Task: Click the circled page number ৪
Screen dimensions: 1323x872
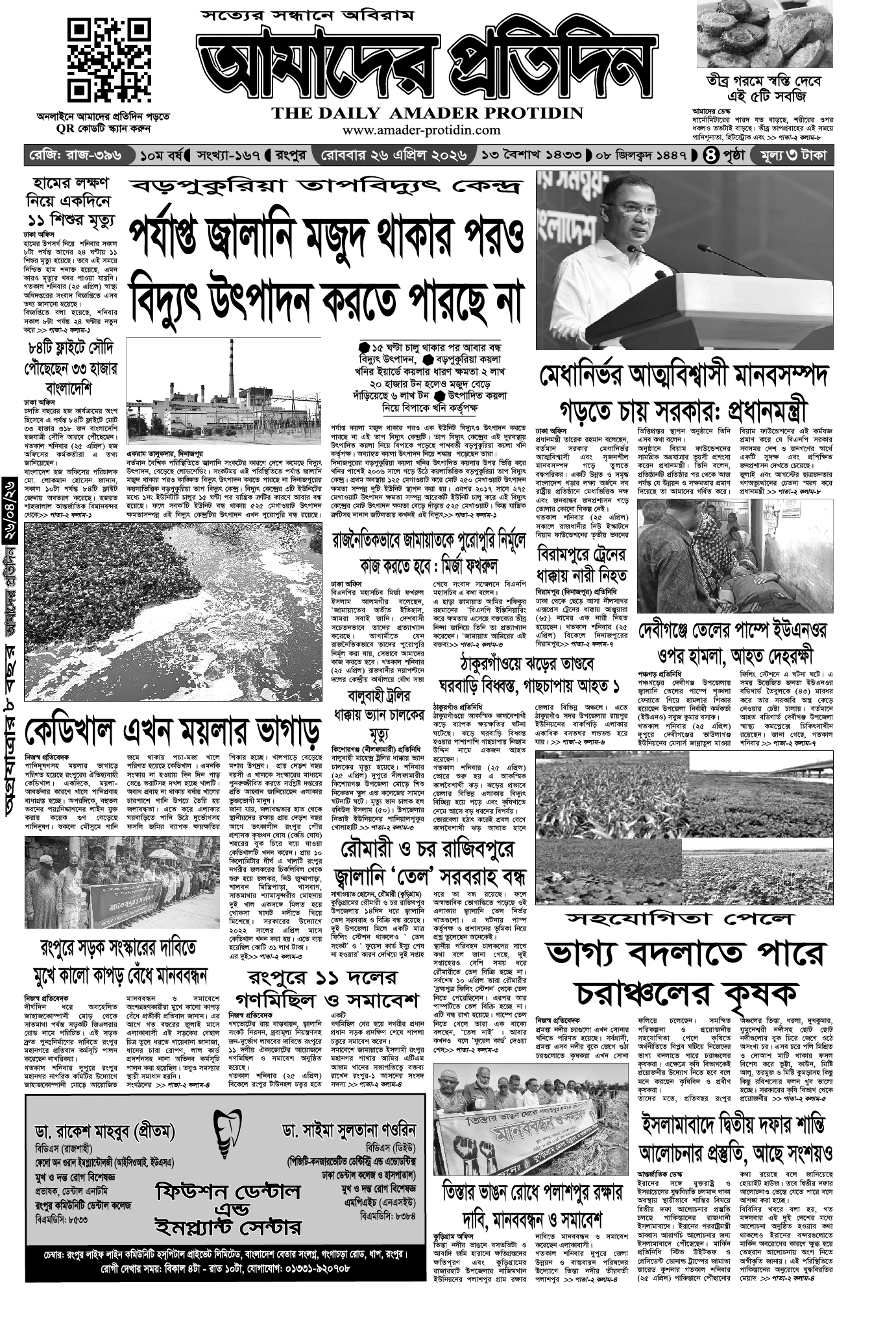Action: [710, 156]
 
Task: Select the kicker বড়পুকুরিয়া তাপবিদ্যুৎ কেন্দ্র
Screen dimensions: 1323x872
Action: [324, 187]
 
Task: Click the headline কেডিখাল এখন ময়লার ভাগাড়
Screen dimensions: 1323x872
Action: [173, 732]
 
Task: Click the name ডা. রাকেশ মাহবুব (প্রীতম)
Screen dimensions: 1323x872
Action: [105, 1132]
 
